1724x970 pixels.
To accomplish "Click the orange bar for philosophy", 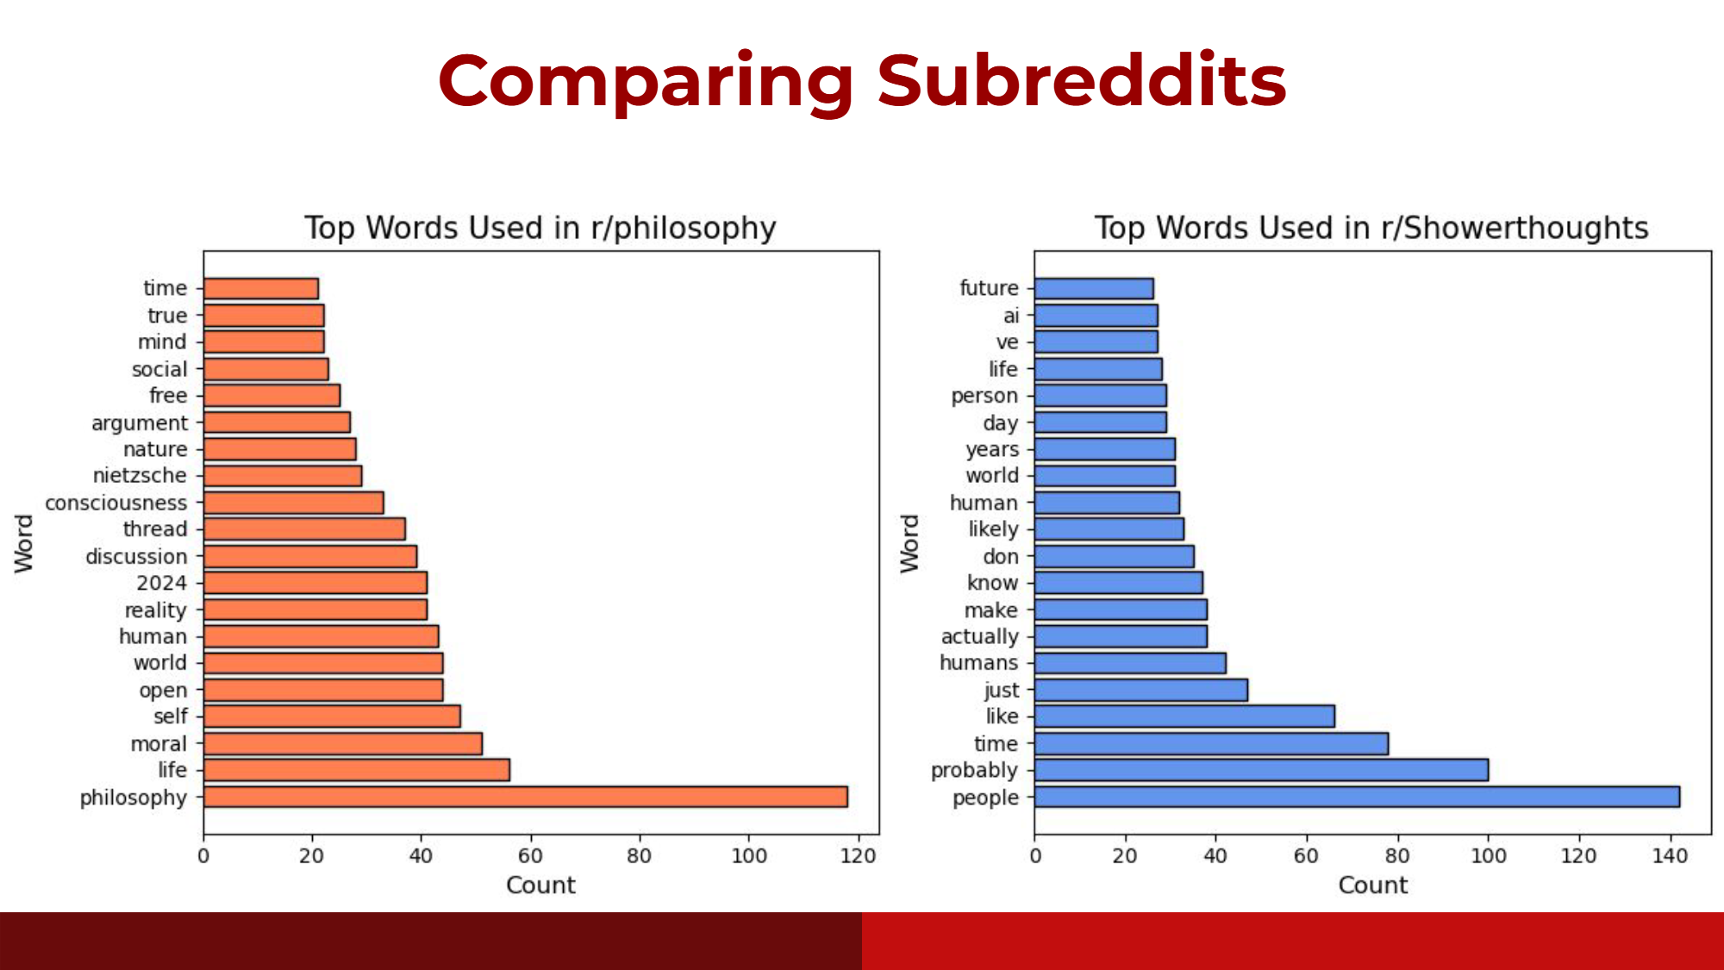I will pos(525,797).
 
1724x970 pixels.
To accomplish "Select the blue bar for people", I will pos(1357,797).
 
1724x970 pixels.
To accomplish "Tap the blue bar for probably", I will pos(1261,770).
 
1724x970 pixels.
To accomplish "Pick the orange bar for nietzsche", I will pos(283,476).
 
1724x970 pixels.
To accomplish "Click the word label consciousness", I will pos(116,503).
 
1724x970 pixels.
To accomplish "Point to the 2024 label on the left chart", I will pos(161,583).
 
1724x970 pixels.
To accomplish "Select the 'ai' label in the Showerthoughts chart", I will pos(1010,316).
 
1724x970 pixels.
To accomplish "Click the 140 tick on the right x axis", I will pos(1670,855).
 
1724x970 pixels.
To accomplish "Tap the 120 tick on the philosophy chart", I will pos(858,855).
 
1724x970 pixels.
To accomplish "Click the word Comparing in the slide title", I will pos(646,81).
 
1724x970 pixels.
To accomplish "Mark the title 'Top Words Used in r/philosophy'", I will pos(540,228).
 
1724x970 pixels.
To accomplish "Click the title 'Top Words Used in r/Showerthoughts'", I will pos(1371,228).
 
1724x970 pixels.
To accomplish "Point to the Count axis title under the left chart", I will pos(540,886).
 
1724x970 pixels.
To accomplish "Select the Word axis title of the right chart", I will pos(910,543).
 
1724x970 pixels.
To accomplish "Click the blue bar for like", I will pos(1184,717).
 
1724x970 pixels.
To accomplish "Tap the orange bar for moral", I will pos(342,743).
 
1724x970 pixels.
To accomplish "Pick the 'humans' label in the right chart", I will pos(978,663).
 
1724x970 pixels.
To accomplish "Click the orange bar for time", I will pos(261,289).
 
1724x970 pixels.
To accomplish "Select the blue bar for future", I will pos(1094,289).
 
